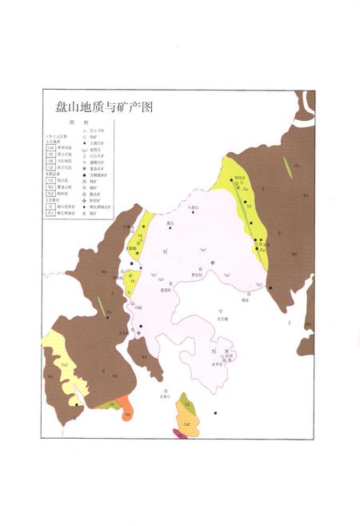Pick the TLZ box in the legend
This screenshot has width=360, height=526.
click(50, 193)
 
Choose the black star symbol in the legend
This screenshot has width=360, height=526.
click(84, 142)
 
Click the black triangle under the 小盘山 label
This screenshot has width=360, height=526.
click(191, 212)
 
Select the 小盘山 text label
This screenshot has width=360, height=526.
click(191, 207)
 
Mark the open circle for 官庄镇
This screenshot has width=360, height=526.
click(221, 311)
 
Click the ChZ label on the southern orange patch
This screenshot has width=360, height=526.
click(186, 422)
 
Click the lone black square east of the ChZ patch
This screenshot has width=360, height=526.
click(216, 413)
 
